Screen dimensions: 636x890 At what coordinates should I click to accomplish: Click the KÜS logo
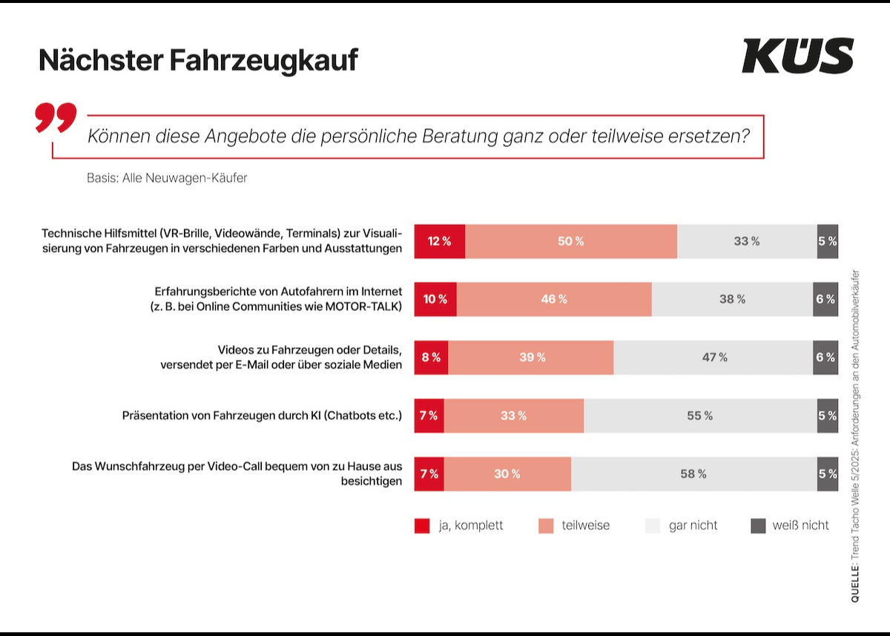(x=797, y=56)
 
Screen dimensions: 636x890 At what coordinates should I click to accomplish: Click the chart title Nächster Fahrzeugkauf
(x=198, y=60)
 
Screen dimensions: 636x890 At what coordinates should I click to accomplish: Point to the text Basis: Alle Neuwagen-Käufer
(x=167, y=178)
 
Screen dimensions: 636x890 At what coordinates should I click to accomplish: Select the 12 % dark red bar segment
(x=439, y=241)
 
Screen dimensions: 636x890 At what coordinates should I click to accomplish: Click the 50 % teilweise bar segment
(x=570, y=241)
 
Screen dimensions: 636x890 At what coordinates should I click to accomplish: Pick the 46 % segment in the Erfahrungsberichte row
(x=553, y=299)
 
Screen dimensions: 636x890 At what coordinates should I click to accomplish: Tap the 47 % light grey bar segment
(x=714, y=358)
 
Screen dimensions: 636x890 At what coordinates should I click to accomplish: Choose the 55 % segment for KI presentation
(x=699, y=416)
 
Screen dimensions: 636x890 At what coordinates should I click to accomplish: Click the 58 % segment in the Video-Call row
(x=693, y=473)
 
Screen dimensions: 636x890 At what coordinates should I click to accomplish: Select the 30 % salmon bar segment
(x=507, y=473)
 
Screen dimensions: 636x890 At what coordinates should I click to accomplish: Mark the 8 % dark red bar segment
(x=431, y=358)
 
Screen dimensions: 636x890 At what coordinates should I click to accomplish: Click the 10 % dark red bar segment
(x=435, y=299)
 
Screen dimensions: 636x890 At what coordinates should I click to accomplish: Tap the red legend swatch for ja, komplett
(x=422, y=525)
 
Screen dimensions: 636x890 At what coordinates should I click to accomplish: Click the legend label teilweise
(x=585, y=525)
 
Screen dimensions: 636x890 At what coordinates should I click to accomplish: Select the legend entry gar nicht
(x=693, y=525)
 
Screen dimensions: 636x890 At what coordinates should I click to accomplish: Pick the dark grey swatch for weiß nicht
(x=757, y=525)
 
